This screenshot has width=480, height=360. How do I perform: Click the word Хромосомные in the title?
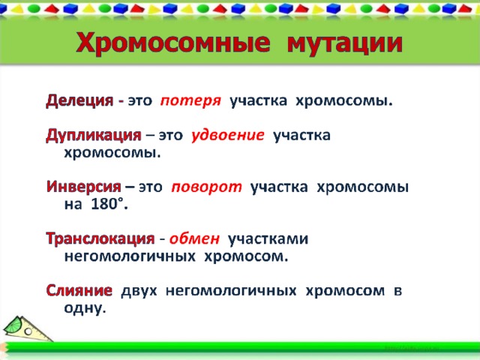(x=173, y=43)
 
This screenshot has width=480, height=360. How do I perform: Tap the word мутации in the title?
(x=345, y=43)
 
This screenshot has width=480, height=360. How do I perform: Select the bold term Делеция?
(x=79, y=100)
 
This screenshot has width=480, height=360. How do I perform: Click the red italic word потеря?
(x=190, y=101)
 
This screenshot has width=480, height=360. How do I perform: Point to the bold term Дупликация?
(x=94, y=135)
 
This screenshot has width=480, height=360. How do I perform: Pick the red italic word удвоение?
(x=228, y=135)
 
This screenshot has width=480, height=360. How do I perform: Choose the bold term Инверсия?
(x=84, y=187)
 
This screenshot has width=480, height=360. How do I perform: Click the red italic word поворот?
(x=207, y=187)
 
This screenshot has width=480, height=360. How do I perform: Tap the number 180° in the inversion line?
(x=109, y=203)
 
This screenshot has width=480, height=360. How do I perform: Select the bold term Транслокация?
(x=100, y=238)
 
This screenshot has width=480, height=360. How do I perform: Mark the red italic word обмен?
(x=195, y=238)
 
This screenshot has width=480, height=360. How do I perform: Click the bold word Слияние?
(x=79, y=290)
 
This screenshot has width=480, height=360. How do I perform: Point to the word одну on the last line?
(x=85, y=308)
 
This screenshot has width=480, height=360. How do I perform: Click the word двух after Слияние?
(x=139, y=291)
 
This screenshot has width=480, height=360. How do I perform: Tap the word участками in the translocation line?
(x=268, y=239)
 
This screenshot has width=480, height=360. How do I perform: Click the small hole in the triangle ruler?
(x=28, y=331)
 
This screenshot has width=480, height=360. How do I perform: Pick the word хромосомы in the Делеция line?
(x=344, y=101)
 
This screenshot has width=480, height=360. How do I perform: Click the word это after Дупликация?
(x=170, y=135)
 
